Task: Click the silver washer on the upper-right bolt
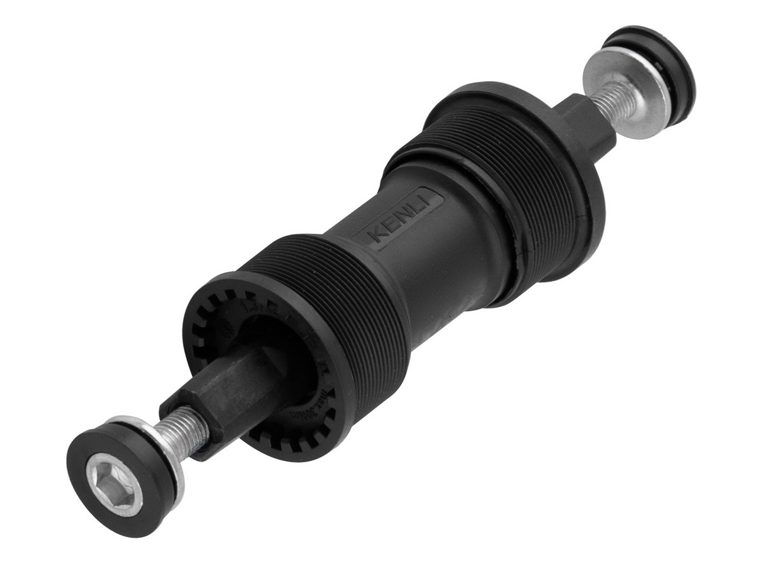click(x=626, y=95)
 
